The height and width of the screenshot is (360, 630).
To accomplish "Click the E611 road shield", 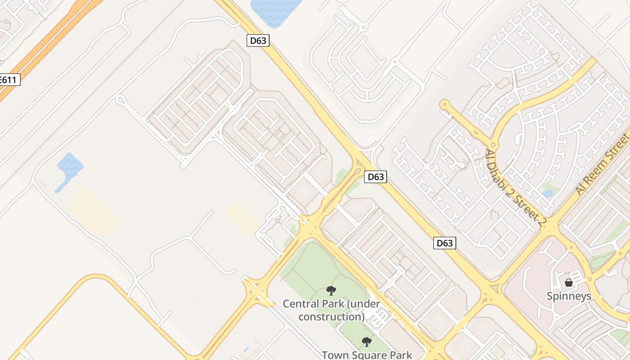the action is click(x=8, y=80).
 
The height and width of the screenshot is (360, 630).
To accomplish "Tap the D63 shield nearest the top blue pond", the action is click(x=258, y=40).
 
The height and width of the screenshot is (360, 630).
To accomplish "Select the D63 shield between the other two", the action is click(x=375, y=177).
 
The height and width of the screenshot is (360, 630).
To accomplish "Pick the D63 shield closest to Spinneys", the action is click(x=445, y=243).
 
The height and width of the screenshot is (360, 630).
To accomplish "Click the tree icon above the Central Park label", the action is click(x=331, y=291).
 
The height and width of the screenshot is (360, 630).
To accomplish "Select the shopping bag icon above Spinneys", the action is click(x=569, y=283).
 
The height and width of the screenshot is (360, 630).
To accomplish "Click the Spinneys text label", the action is click(x=569, y=296).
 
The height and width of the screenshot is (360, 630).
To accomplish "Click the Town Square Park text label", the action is click(x=367, y=355).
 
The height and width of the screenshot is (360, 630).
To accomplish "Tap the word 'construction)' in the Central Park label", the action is click(x=331, y=317).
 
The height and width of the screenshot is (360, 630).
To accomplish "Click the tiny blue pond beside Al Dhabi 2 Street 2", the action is click(x=548, y=193).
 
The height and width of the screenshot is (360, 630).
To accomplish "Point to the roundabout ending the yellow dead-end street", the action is click(x=445, y=105).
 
